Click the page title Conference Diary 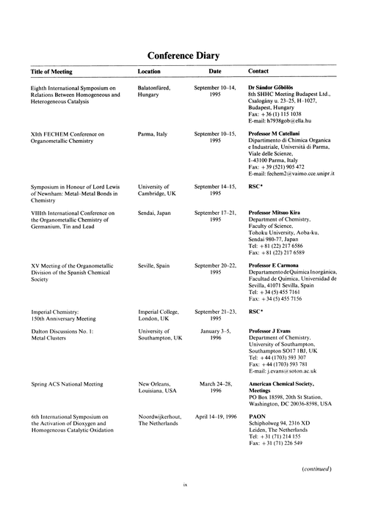coord(183,56)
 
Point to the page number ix coord(183,504)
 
